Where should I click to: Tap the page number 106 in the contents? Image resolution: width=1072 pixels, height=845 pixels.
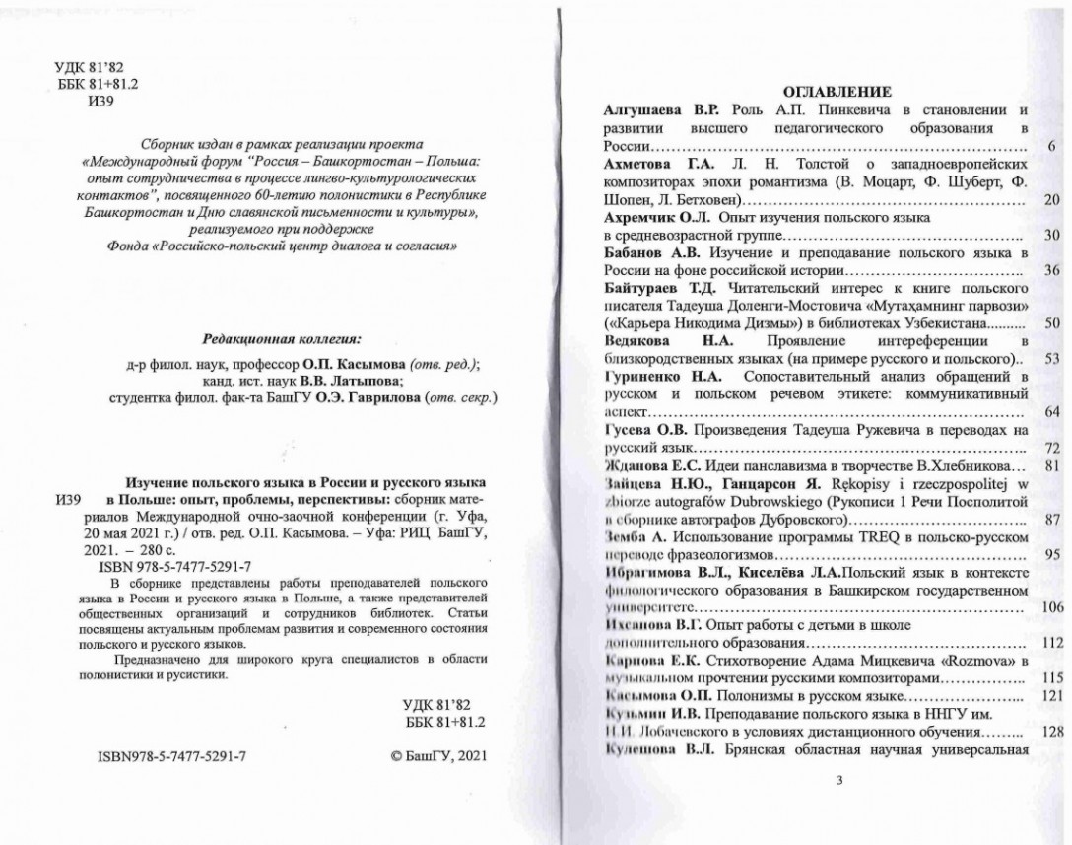pyautogui.click(x=1051, y=607)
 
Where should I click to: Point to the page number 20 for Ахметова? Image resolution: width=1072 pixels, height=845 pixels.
pyautogui.click(x=1051, y=200)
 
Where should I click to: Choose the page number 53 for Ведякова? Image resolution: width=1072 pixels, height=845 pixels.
pyautogui.click(x=1051, y=358)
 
